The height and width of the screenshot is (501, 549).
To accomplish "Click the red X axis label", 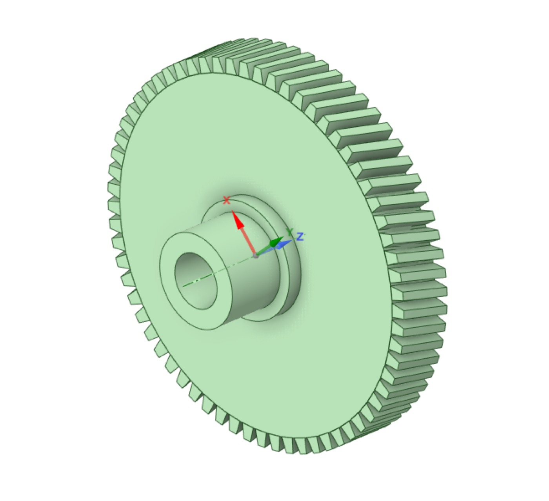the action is click(x=226, y=200).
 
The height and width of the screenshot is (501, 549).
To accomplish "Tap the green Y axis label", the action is click(x=289, y=232).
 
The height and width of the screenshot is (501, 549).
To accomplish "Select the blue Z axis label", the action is click(x=300, y=236).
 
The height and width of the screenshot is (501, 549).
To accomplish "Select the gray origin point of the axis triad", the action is click(x=255, y=256).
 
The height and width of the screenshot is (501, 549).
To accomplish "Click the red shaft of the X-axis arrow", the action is click(x=247, y=241).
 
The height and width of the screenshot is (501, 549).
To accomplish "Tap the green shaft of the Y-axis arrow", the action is click(x=263, y=250).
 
